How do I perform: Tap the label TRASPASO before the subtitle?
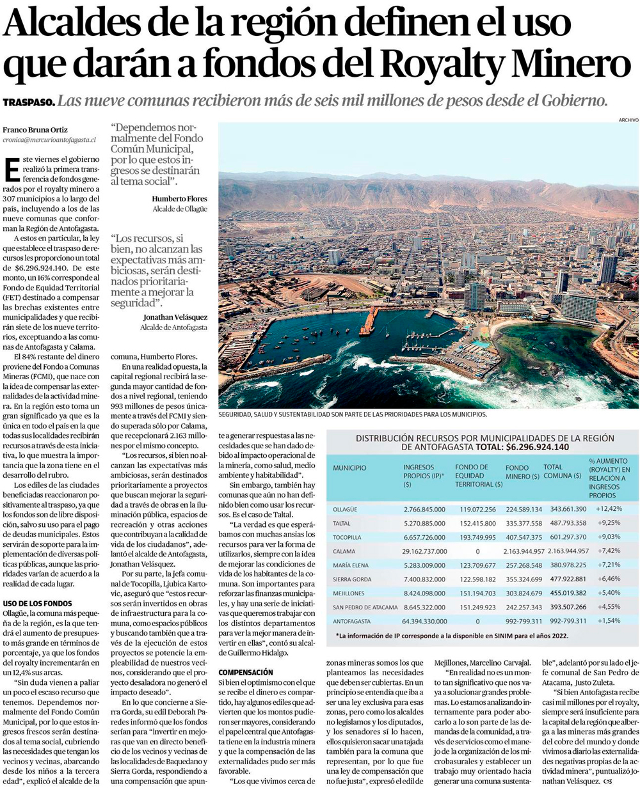[28, 102]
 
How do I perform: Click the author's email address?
[49, 138]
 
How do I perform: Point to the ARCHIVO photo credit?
[628, 120]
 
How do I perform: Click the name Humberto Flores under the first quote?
[179, 199]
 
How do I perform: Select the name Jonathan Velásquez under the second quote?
[175, 317]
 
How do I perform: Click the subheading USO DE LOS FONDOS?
[38, 603]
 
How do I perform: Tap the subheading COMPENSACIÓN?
[246, 672]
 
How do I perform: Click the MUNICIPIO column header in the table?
[349, 467]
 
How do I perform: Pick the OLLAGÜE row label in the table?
[346, 509]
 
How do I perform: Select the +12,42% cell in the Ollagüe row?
[609, 509]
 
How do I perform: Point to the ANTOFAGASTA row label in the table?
[353, 620]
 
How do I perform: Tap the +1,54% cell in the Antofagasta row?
[609, 620]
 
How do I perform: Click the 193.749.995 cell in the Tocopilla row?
[477, 537]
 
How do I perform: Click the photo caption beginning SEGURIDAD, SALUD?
[353, 414]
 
